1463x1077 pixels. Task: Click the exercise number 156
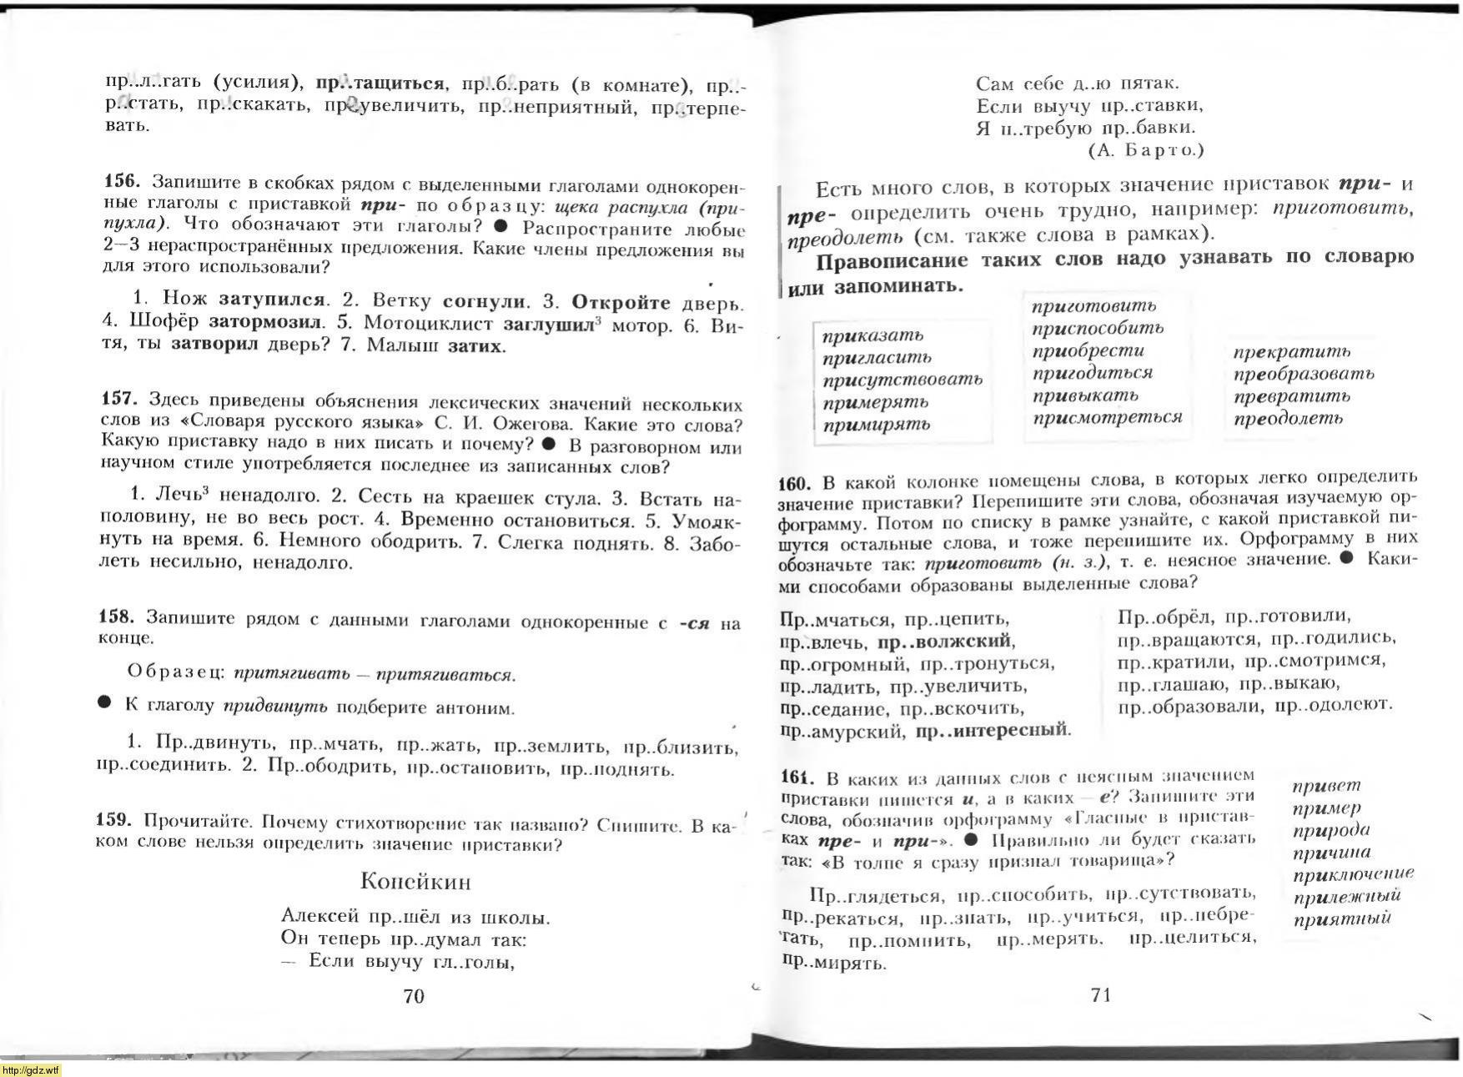(121, 182)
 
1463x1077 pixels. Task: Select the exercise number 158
(117, 617)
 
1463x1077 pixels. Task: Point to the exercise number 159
(114, 821)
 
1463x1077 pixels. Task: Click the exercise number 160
(795, 483)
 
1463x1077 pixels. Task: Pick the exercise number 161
(798, 778)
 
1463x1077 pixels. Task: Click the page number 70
(414, 995)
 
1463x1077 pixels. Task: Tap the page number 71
(1100, 994)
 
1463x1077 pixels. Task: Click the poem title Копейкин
(415, 881)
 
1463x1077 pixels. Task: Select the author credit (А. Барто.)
(1146, 150)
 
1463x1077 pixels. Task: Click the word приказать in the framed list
(872, 335)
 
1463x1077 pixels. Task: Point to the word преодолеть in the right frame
(1288, 419)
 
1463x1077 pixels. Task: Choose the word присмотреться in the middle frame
(1107, 417)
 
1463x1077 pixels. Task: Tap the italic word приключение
(1353, 874)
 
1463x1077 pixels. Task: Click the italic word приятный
(1342, 919)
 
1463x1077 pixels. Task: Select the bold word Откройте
(621, 303)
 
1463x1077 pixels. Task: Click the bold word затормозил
(264, 321)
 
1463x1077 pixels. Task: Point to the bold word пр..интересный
(992, 731)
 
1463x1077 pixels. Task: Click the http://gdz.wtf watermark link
(30, 1070)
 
